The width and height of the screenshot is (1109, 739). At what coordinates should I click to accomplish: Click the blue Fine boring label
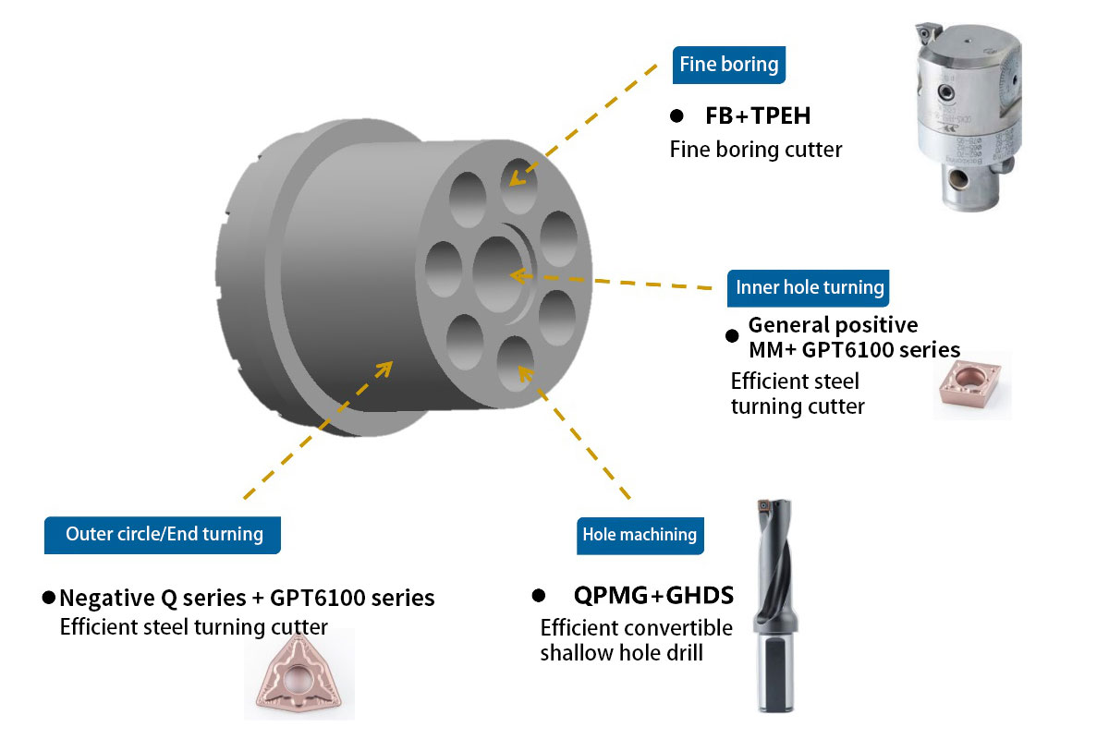[x=729, y=65]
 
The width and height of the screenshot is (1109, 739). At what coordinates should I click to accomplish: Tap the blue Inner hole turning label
[x=810, y=287]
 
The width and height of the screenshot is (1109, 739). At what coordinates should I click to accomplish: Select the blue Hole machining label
[x=640, y=534]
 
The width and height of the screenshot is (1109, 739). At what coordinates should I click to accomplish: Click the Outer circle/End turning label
[x=164, y=533]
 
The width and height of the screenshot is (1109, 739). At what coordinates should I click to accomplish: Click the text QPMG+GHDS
[x=652, y=594]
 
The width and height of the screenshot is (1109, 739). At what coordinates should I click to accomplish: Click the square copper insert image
[x=971, y=382]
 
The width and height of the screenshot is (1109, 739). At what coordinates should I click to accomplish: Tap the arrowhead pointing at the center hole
[x=515, y=275]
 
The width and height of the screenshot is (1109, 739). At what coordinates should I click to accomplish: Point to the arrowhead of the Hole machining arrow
[x=524, y=372]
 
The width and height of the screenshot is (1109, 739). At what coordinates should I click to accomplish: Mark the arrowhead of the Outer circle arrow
[x=384, y=367]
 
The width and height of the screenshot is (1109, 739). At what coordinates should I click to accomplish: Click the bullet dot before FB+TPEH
[x=676, y=117]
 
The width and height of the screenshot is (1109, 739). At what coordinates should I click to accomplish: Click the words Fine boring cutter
[x=756, y=149]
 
